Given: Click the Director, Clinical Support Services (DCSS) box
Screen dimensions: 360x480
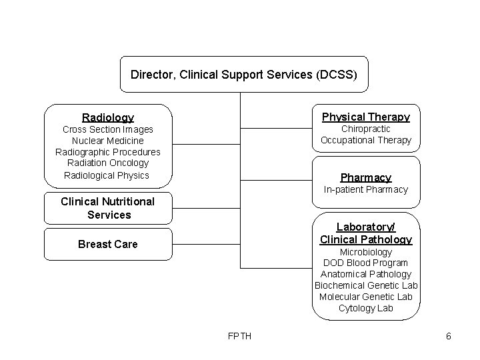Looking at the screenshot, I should click(x=243, y=74).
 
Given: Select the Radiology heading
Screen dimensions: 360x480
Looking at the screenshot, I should click(x=107, y=117).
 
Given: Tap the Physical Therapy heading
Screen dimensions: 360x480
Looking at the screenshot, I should click(x=366, y=117).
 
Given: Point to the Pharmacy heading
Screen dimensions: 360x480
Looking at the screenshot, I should click(x=366, y=177).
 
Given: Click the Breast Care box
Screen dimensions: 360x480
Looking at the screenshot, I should click(x=107, y=244).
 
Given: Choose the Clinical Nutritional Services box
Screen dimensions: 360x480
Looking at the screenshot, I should click(x=107, y=208).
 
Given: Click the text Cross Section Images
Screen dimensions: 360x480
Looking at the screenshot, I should click(x=107, y=129).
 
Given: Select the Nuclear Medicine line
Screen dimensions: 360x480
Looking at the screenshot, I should click(x=107, y=141).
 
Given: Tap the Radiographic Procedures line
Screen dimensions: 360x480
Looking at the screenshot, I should click(x=107, y=152).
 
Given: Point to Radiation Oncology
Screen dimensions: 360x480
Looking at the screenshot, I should click(x=107, y=163).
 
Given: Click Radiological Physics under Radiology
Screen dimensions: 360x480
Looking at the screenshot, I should click(x=107, y=175).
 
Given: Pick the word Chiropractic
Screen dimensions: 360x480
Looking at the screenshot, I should click(x=366, y=129).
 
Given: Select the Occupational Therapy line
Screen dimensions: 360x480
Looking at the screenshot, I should click(x=366, y=140).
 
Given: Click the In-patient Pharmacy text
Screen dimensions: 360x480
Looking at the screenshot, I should click(x=366, y=189).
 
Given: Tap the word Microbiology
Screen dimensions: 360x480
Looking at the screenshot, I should click(x=366, y=252).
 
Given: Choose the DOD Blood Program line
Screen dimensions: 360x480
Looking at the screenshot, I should click(x=366, y=263).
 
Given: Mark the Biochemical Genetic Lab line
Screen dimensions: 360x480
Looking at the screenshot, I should click(x=366, y=285).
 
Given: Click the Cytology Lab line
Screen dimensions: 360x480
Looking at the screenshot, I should click(x=366, y=308).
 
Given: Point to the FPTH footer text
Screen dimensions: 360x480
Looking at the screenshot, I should click(x=239, y=336).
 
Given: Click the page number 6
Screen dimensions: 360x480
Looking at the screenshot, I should click(x=449, y=336).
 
